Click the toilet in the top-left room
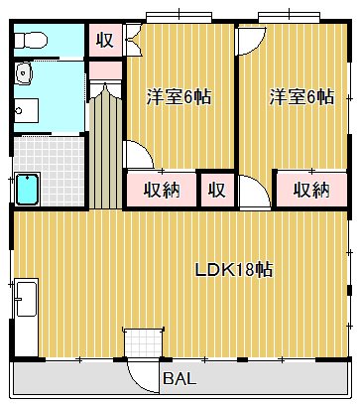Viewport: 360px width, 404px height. coord(31,40)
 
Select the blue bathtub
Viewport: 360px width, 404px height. coord(27,188)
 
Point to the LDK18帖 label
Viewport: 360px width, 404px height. coord(234,269)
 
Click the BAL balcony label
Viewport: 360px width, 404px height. coord(180,379)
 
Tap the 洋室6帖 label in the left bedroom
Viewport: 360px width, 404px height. coord(179,97)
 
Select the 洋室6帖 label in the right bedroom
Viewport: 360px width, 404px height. coord(300,97)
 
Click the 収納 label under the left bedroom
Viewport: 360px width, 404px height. coord(159,189)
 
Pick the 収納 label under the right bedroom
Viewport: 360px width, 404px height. coord(310,189)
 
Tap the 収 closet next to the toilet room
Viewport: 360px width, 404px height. coord(103,42)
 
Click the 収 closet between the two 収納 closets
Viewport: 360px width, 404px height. coord(216,189)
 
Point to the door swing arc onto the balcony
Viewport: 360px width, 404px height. coord(145,372)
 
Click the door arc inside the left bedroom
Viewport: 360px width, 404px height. coord(137,157)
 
